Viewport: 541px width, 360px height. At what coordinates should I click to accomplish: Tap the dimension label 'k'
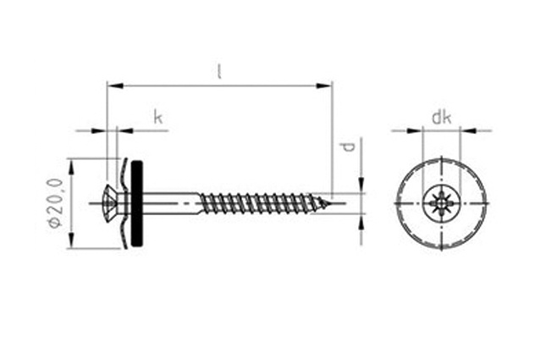click(x=157, y=117)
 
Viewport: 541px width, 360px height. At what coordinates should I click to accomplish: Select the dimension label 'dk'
click(x=441, y=118)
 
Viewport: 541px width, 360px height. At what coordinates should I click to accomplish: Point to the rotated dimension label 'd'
click(x=349, y=147)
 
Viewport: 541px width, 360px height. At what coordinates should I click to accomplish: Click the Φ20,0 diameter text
click(x=56, y=203)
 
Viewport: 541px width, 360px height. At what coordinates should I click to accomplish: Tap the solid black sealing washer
click(x=137, y=203)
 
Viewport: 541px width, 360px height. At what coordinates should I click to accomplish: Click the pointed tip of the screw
click(x=330, y=204)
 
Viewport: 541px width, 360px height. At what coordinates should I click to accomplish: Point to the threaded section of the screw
click(x=262, y=203)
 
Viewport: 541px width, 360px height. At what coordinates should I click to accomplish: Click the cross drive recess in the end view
click(x=441, y=203)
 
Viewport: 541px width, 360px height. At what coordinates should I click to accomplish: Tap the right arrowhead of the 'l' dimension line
click(x=324, y=86)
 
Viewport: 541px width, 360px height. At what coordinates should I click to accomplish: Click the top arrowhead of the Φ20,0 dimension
click(x=72, y=168)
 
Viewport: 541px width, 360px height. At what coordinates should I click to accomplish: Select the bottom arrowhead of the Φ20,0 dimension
click(x=72, y=240)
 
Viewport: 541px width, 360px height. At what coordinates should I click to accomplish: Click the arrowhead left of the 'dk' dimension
click(x=414, y=130)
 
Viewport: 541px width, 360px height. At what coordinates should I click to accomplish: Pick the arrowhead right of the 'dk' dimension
click(x=468, y=130)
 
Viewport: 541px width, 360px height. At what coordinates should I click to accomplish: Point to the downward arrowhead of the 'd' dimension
click(x=361, y=186)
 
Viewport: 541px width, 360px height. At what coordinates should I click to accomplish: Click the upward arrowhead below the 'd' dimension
click(x=361, y=222)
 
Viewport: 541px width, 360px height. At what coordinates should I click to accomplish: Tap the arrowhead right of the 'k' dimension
click(x=125, y=130)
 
